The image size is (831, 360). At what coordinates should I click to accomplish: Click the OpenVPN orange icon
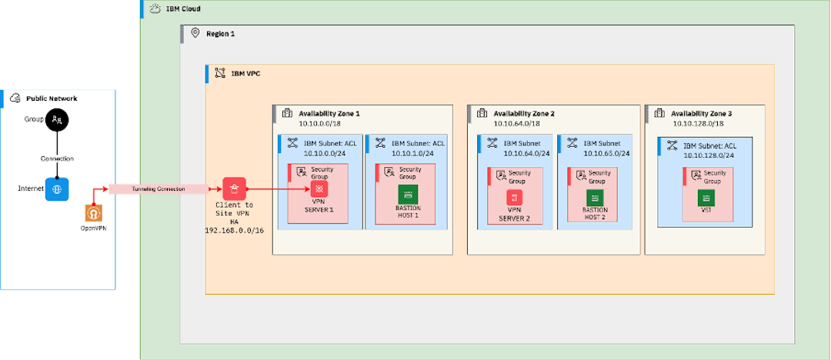click(94, 212)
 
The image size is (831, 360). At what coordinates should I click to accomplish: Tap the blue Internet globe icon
click(57, 188)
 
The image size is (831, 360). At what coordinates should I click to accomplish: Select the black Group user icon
click(57, 119)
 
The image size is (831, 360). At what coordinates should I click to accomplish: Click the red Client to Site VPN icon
click(234, 188)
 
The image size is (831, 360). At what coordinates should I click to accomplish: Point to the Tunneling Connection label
click(158, 188)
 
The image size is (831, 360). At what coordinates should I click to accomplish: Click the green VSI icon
click(707, 198)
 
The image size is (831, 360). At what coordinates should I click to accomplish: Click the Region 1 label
click(220, 34)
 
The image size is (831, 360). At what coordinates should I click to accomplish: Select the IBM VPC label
click(245, 74)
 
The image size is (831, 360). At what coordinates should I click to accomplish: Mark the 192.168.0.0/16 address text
click(234, 230)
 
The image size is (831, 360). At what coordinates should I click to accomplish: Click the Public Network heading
click(52, 98)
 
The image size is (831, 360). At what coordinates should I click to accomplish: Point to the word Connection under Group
click(57, 158)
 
